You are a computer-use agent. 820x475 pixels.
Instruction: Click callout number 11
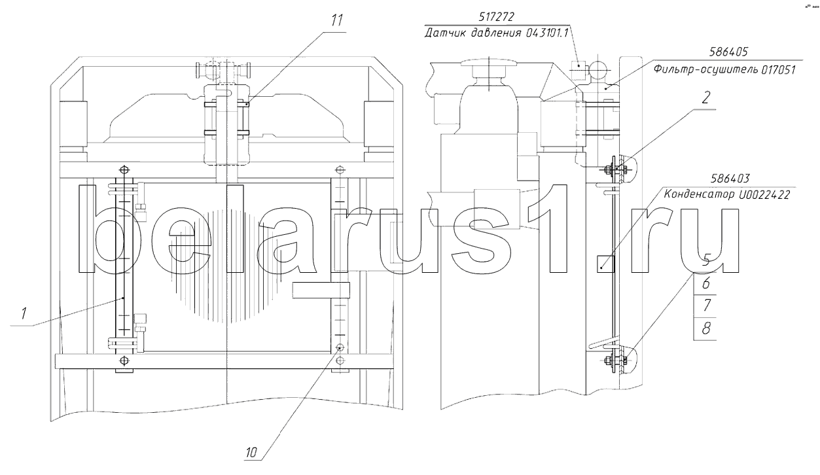337,20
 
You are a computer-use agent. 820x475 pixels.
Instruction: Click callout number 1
24,313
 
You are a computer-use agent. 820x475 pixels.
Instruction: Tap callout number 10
251,453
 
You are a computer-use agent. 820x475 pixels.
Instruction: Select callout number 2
705,97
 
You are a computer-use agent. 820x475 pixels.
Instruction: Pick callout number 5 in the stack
705,260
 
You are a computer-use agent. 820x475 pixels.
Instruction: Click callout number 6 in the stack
705,283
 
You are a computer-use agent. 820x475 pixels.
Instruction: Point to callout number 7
706,305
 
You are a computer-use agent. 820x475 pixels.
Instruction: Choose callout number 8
706,328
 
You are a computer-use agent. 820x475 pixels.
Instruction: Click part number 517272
496,17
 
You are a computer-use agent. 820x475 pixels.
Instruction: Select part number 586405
728,52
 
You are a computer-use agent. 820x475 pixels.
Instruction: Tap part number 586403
730,179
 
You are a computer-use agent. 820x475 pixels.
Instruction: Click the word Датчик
445,33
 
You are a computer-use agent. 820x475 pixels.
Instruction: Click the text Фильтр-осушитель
705,69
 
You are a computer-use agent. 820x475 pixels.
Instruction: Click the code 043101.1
547,33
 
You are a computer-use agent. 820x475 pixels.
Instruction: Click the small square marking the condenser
605,264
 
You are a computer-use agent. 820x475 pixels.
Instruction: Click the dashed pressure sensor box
579,70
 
